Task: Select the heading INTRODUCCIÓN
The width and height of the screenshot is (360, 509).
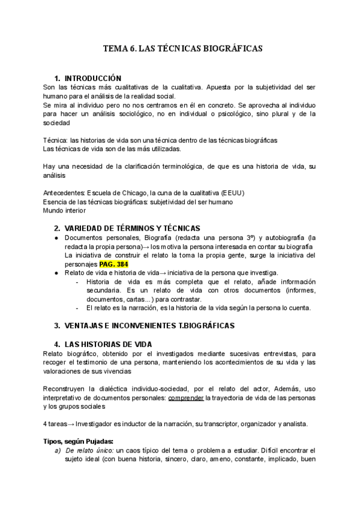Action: [92, 79]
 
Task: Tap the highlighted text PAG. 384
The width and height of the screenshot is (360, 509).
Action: [114, 264]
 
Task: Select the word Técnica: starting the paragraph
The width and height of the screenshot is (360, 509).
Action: [56, 140]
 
